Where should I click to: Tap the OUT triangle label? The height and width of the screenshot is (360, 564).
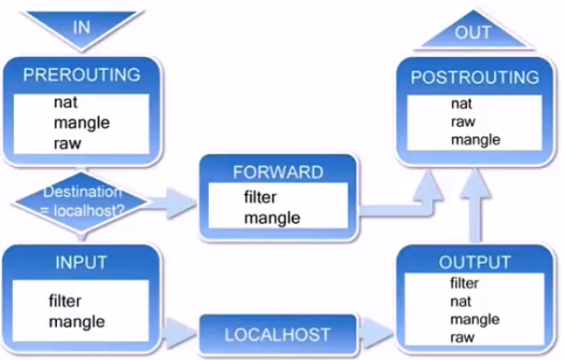473,33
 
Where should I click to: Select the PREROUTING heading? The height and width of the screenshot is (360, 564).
82,75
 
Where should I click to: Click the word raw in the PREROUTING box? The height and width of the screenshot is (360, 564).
67,144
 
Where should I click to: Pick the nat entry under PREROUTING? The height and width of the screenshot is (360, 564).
65,103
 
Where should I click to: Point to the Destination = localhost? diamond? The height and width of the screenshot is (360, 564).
81,202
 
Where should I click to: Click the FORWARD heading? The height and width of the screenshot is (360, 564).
278,173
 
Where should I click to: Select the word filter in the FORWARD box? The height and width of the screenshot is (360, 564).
260,197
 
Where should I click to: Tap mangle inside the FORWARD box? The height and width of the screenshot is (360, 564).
272,218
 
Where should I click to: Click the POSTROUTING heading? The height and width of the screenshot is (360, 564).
475,77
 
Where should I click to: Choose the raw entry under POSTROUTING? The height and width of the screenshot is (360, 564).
463,121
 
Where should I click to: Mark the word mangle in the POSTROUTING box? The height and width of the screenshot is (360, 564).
475,140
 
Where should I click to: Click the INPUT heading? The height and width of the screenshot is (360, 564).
81,262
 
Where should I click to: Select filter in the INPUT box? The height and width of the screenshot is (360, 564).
64,301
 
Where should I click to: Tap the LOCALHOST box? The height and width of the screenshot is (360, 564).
278,335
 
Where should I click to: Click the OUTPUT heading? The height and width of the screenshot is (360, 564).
475,262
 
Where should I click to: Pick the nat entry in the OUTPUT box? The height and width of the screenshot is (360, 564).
461,301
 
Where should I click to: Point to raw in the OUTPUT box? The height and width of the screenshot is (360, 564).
462,338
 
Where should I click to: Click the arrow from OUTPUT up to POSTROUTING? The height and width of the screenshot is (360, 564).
475,207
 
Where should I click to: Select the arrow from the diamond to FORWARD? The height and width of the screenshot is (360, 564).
171,203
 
